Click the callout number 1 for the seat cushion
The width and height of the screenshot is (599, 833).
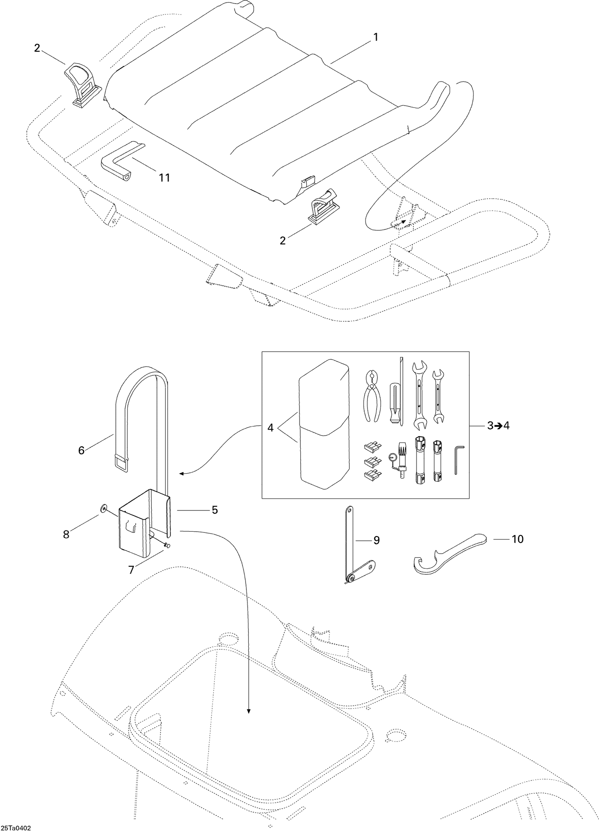click(x=375, y=37)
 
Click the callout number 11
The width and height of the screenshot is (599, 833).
click(x=164, y=177)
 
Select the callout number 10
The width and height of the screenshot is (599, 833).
click(x=517, y=539)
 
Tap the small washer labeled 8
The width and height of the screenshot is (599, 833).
click(x=103, y=508)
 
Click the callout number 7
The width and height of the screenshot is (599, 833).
click(x=131, y=570)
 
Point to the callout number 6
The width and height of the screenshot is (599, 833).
click(x=81, y=450)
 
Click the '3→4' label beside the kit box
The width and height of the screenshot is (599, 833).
click(x=498, y=426)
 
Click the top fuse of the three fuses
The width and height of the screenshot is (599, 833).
click(x=372, y=446)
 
